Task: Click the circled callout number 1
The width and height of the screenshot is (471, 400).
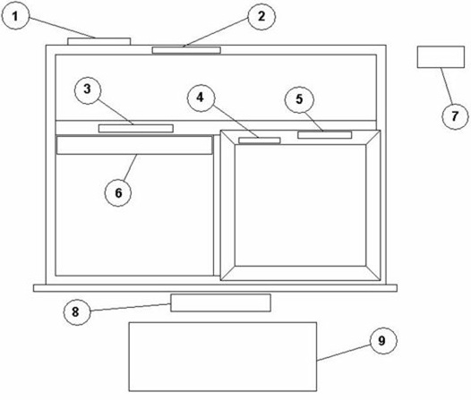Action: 15,15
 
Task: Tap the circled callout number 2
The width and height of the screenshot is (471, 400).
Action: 261,16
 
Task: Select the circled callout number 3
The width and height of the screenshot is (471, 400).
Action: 88,89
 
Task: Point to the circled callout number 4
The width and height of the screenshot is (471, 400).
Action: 201,98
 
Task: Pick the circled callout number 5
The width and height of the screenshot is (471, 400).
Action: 299,99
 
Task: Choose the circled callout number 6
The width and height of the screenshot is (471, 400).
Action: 118,192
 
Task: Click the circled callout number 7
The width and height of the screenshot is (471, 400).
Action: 455,115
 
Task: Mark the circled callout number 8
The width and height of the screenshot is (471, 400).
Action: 76,312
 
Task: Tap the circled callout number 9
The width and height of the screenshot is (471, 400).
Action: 382,341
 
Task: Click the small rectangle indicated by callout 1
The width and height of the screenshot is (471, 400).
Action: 98,41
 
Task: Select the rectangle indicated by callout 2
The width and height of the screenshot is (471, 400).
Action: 186,50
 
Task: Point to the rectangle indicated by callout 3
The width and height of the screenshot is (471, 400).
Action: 136,129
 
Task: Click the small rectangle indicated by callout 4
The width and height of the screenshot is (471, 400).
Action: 260,140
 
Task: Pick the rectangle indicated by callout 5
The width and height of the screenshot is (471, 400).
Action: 325,135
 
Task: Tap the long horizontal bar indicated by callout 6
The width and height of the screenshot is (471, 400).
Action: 134,145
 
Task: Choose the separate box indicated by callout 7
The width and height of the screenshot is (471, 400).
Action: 441,57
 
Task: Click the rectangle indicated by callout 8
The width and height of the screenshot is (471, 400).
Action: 220,302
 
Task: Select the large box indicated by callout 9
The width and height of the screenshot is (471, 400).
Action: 223,356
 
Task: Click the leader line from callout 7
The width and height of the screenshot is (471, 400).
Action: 447,86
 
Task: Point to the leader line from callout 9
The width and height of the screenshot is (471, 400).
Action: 344,353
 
